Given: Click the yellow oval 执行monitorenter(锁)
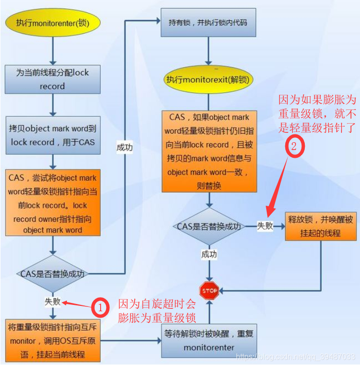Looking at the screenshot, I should (x=52, y=23).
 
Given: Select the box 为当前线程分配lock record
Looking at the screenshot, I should (x=52, y=79).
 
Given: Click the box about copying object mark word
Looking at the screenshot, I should (x=52, y=135).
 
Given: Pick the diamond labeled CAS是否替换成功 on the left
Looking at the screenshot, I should (x=52, y=274).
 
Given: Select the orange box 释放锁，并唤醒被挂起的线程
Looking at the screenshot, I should (x=320, y=226).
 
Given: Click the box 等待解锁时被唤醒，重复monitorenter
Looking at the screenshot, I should (x=209, y=341).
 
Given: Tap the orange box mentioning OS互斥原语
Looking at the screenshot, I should (x=52, y=341).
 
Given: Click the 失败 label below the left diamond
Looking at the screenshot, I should (x=52, y=301).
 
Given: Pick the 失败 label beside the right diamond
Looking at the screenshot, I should (x=265, y=226).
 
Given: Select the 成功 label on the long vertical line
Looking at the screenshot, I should (x=125, y=147).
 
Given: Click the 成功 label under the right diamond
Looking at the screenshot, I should (x=209, y=255).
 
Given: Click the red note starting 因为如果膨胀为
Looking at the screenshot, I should (x=318, y=115).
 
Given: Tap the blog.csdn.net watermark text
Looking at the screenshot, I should (x=296, y=357).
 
